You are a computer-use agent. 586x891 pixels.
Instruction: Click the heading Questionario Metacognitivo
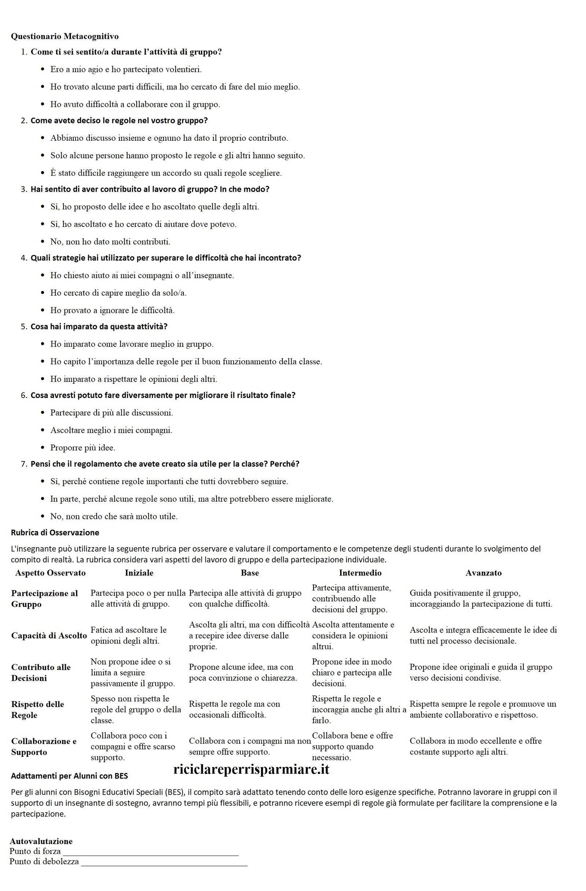[65, 36]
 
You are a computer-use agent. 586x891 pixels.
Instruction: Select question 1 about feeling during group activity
[126, 52]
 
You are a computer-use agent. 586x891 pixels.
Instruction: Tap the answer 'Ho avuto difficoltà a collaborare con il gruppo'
[135, 104]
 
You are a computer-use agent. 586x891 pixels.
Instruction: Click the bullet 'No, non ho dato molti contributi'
[110, 242]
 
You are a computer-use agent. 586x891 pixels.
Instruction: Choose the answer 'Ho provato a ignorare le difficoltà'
[112, 310]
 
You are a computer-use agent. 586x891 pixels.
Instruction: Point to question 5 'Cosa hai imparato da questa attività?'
[99, 327]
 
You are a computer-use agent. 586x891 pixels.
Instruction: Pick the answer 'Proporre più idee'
[83, 448]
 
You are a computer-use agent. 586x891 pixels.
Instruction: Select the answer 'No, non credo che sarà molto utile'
[114, 517]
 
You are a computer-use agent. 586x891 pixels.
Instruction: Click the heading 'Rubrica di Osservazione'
[55, 533]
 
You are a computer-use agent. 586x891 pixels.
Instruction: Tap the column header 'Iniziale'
[139, 573]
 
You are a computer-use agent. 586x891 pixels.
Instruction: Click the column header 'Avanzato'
[483, 573]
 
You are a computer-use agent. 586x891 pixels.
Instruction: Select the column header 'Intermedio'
[360, 573]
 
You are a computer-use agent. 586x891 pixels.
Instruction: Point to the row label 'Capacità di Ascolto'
[49, 636]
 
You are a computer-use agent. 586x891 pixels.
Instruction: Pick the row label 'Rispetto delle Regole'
[37, 710]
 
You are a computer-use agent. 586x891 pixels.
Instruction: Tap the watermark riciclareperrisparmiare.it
[251, 769]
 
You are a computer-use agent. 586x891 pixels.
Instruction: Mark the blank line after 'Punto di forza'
[151, 855]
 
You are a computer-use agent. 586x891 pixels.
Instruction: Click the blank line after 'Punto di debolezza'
[164, 865]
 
